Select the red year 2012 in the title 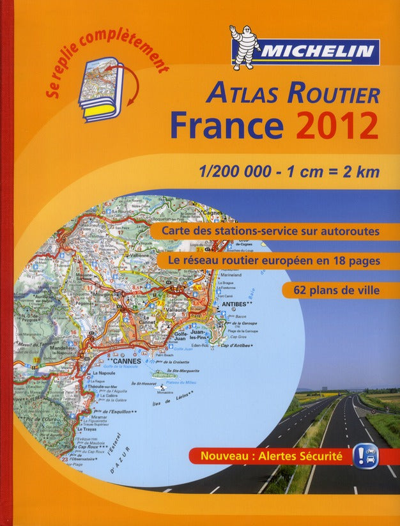click(x=341, y=125)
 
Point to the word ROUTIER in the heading click(x=334, y=94)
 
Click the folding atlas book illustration click(x=102, y=89)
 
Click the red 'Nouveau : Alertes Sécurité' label click(x=272, y=456)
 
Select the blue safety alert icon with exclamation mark click(x=369, y=456)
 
